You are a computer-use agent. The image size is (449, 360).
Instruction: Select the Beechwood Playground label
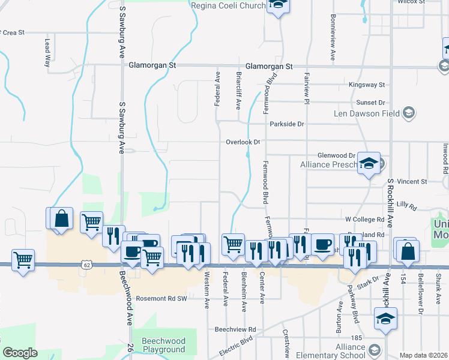[x=163, y=345]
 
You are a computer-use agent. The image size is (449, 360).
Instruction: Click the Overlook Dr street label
[x=243, y=142]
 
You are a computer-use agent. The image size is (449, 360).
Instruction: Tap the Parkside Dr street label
[x=287, y=124]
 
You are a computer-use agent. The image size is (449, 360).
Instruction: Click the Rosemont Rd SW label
[x=161, y=298]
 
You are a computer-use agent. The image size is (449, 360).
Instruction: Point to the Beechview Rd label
[x=235, y=329]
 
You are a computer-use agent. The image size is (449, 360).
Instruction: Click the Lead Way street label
[x=47, y=53]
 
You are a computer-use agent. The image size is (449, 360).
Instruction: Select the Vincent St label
[x=411, y=181]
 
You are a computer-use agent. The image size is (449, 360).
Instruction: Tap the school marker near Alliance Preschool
[x=369, y=163]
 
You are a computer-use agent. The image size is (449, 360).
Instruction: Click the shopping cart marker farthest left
[x=23, y=260]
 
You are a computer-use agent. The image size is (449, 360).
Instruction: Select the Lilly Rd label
[x=406, y=205]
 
